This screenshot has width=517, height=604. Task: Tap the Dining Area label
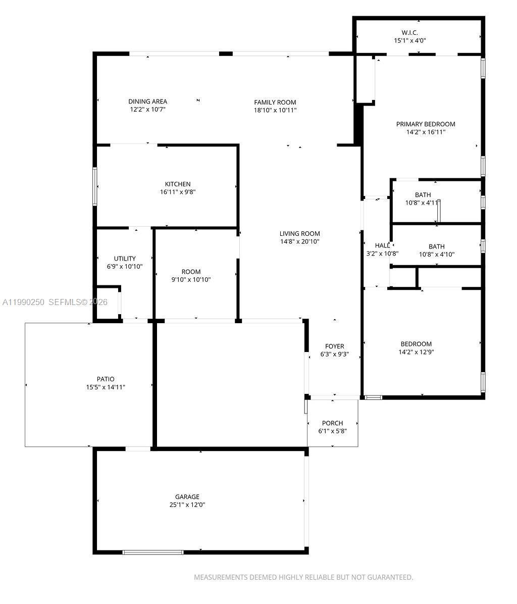147,102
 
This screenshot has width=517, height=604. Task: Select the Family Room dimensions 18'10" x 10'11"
275,110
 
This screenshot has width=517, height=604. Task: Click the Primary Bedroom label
425,124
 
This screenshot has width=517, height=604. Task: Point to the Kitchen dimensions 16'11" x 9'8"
177,192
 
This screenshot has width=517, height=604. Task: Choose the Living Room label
299,234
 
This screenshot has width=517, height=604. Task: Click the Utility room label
125,259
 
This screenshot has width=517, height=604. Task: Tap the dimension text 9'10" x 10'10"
191,279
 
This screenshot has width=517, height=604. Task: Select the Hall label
382,245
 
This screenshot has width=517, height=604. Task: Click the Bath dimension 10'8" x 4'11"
423,203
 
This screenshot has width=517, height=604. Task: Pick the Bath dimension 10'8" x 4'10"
436,255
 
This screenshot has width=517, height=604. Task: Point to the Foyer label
334,346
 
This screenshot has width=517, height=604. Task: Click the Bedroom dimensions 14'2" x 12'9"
416,352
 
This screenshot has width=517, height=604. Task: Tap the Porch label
332,423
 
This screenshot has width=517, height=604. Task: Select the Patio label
106,379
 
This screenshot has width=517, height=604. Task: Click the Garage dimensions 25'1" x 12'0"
187,505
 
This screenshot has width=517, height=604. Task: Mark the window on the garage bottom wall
153,552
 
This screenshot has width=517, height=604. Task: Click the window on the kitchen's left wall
94,186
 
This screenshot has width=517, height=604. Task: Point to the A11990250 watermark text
24,302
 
